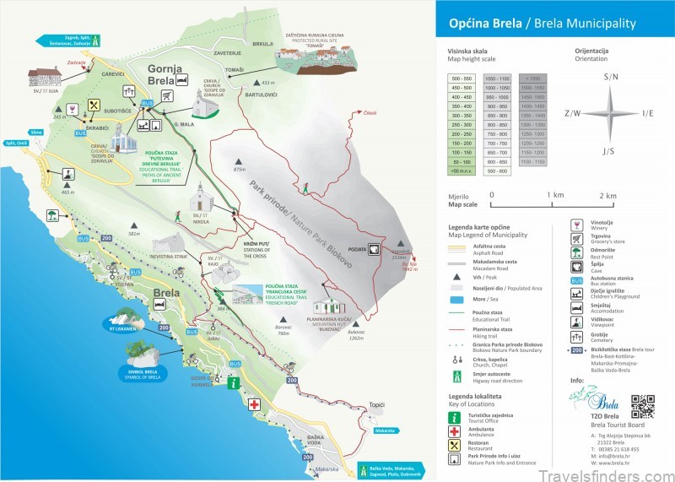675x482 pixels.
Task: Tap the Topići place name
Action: point(377,406)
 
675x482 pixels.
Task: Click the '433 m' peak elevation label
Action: point(268,83)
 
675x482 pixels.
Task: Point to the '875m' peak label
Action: point(239,170)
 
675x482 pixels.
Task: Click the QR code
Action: point(643,406)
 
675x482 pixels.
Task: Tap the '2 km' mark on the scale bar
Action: point(607,195)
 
